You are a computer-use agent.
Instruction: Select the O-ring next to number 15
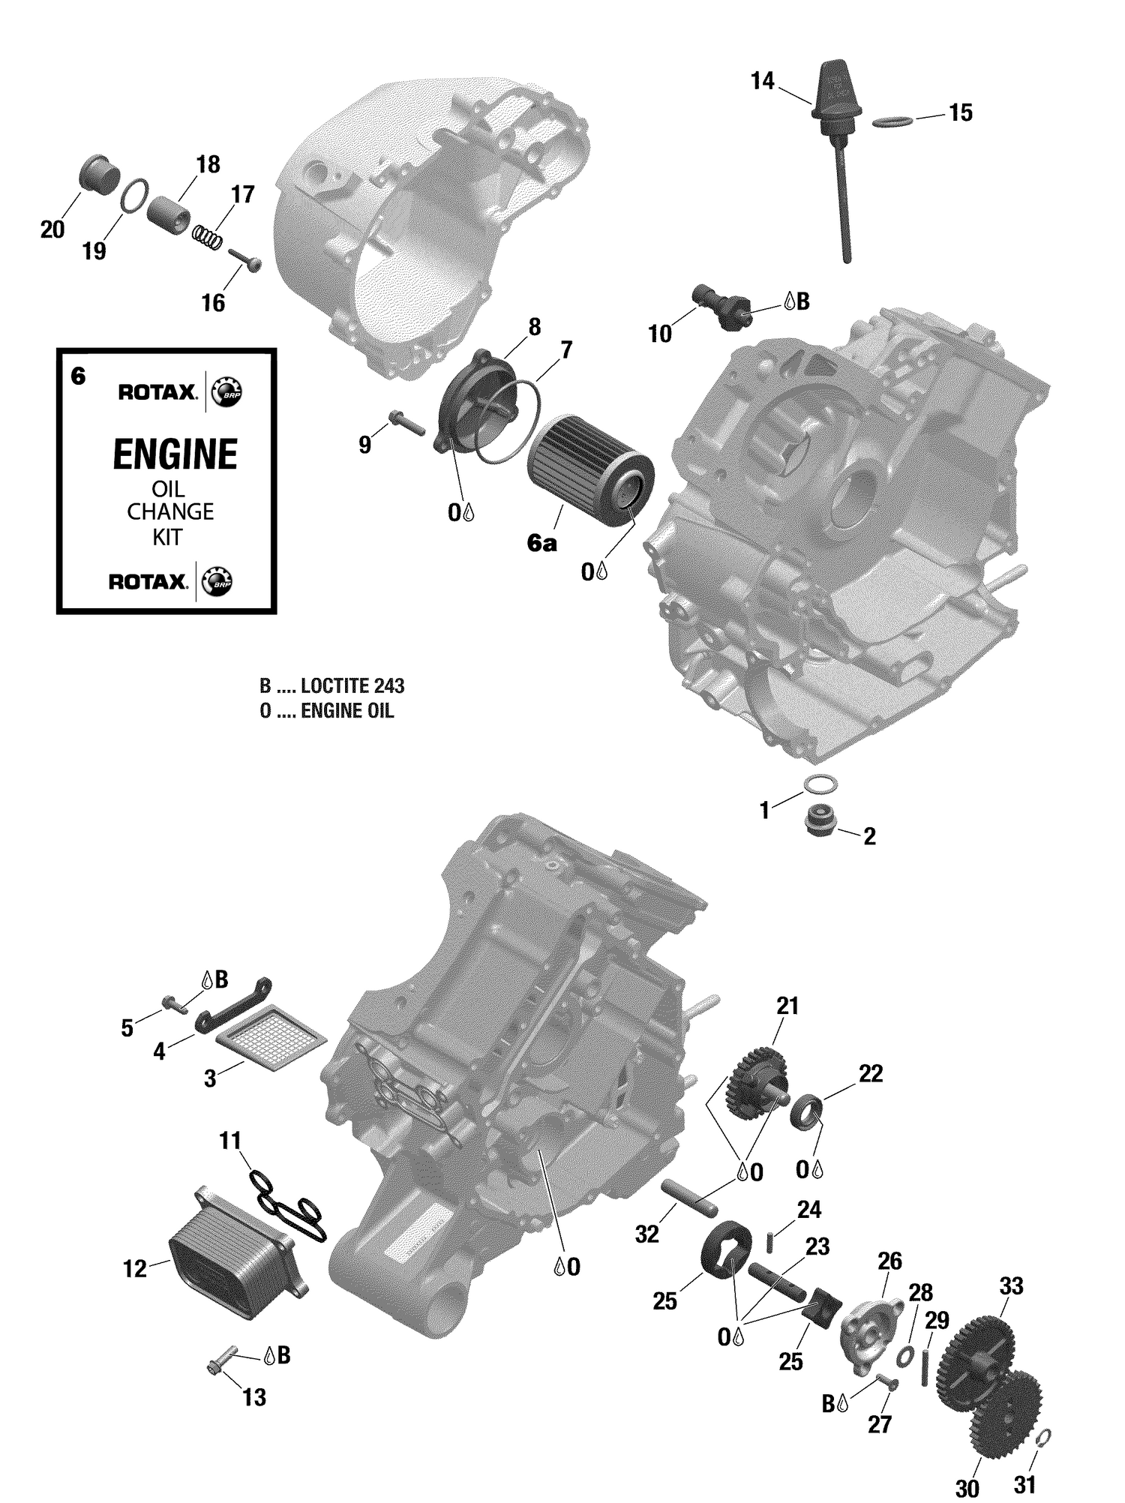pos(892,121)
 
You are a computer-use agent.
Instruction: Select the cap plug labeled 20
pos(99,175)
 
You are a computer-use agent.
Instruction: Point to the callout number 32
pos(646,1233)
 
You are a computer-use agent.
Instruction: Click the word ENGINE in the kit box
pos(175,454)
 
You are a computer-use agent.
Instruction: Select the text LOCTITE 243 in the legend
pos(352,685)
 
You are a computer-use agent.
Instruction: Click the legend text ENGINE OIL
pos(346,711)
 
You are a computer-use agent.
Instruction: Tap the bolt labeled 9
pos(406,423)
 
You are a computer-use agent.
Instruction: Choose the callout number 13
pos(254,1397)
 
